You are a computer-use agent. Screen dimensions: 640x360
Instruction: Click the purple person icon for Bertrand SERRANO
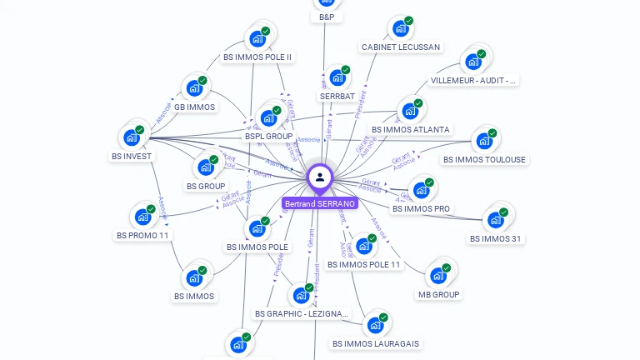coord(320,177)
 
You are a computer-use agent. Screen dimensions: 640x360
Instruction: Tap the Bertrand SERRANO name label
coord(320,203)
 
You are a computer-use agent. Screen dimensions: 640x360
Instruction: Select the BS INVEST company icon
coord(132,137)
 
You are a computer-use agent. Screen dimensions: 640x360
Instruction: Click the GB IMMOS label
coord(194,107)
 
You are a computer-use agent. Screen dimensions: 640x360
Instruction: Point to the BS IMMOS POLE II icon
coord(257,38)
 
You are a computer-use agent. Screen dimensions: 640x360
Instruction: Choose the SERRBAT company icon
coord(337,77)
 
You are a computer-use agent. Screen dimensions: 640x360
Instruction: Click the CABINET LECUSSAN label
coord(401,47)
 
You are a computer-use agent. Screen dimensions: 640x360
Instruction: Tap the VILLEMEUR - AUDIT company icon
coord(472,62)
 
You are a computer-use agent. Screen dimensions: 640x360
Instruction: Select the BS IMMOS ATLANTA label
coord(410,130)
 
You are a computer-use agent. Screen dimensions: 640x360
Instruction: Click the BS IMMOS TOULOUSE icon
coord(483,141)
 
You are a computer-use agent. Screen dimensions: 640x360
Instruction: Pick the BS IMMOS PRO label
coord(421,209)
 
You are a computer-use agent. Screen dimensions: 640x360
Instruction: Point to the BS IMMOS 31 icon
coord(495,219)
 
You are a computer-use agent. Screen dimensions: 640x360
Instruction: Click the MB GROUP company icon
coord(437,276)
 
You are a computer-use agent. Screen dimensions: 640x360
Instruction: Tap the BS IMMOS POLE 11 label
coord(364,265)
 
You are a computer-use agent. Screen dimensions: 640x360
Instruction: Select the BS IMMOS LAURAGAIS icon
coord(375,325)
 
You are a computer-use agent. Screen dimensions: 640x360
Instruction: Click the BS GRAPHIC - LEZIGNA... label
coord(302,314)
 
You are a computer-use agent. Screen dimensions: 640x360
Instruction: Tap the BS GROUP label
coord(206,187)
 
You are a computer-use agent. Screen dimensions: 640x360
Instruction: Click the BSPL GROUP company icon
coord(268,117)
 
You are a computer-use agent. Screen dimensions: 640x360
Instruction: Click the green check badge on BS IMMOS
coord(203,268)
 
